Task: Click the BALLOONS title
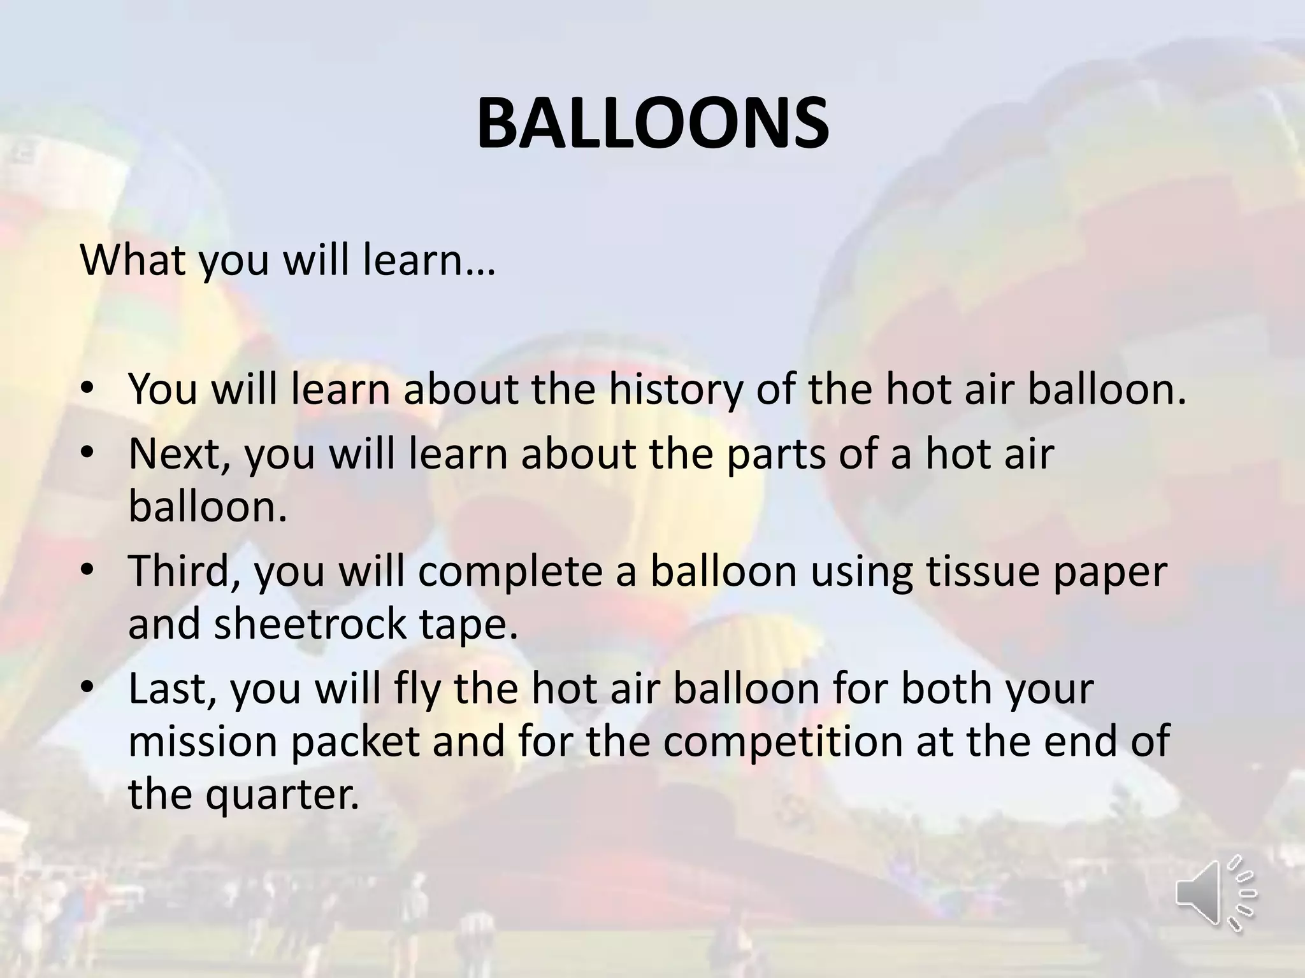pyautogui.click(x=652, y=123)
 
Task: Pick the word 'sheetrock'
pyautogui.click(x=310, y=623)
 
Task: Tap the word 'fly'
pyautogui.click(x=408, y=689)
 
